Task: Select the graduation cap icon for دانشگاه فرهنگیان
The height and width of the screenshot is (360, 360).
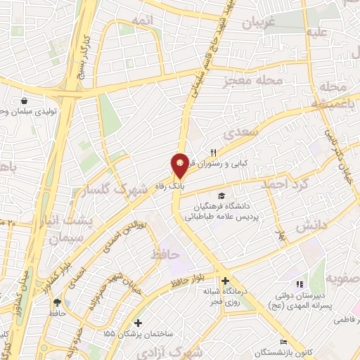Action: click(222, 195)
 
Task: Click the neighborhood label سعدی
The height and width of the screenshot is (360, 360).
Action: click(236, 134)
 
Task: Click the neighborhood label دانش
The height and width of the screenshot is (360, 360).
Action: click(310, 227)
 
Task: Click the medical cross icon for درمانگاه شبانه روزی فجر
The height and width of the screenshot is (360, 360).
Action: click(223, 280)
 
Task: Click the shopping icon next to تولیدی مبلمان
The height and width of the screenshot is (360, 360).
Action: click(25, 101)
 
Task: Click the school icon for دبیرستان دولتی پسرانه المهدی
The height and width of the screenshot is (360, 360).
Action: click(300, 284)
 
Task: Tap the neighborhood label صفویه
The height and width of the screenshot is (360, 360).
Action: click(344, 277)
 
